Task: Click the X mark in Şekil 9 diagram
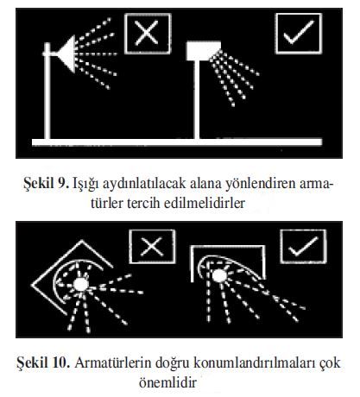pyautogui.click(x=147, y=33)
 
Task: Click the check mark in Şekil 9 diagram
pyautogui.click(x=299, y=33)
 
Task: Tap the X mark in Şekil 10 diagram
pyautogui.click(x=152, y=247)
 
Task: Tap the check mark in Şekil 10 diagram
pyautogui.click(x=303, y=247)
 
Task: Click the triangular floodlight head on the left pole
pyautogui.click(x=66, y=54)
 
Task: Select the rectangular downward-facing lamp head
pyautogui.click(x=204, y=51)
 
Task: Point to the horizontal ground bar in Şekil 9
pyautogui.click(x=177, y=142)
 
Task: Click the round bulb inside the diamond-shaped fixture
pyautogui.click(x=81, y=285)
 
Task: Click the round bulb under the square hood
pyautogui.click(x=219, y=275)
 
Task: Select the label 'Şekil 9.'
pyautogui.click(x=47, y=183)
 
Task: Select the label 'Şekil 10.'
pyautogui.click(x=43, y=362)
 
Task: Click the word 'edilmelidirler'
pyautogui.click(x=205, y=203)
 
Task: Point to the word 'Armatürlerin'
pyautogui.click(x=113, y=362)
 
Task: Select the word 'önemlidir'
pyautogui.click(x=167, y=382)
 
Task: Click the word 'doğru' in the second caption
pyautogui.click(x=173, y=363)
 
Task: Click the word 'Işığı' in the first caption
pyautogui.click(x=85, y=184)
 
